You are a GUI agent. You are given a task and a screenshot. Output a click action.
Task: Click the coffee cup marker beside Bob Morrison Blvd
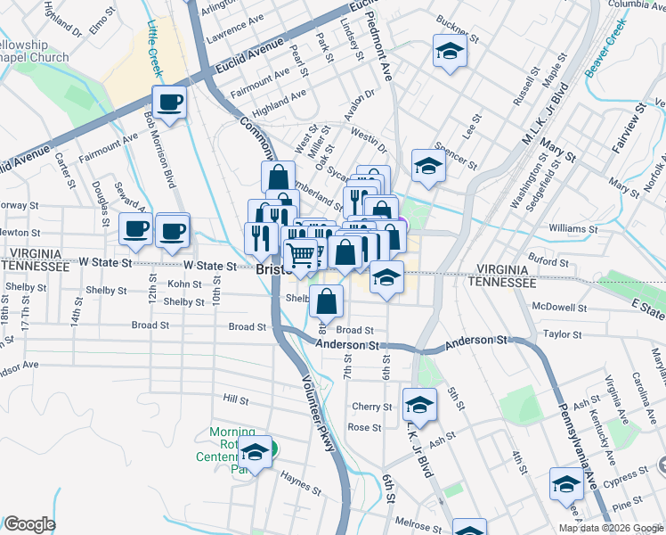(x=169, y=103)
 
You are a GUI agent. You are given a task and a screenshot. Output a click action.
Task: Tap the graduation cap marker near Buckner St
(x=450, y=52)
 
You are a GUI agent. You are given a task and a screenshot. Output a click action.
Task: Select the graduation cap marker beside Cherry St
(x=419, y=406)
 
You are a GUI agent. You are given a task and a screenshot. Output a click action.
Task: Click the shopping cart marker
(x=302, y=255)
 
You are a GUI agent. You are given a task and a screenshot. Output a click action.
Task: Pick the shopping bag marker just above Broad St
(x=328, y=302)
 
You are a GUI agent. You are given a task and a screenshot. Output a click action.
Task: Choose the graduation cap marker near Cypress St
(x=566, y=485)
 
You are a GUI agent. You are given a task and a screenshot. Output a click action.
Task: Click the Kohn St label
(x=185, y=284)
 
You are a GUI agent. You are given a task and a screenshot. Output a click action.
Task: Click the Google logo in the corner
(x=30, y=524)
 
